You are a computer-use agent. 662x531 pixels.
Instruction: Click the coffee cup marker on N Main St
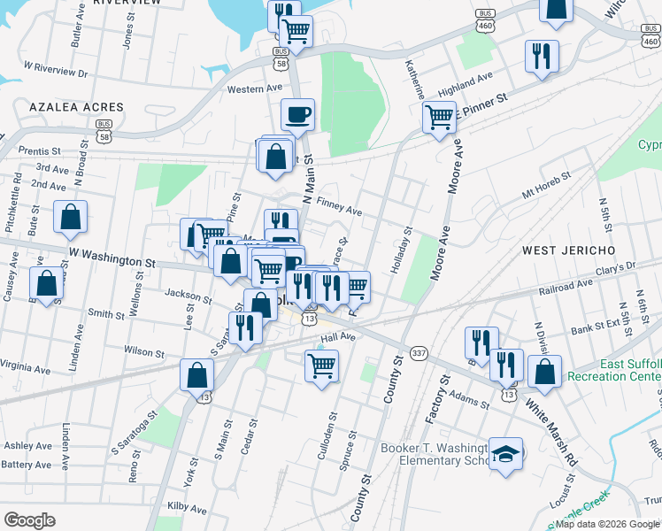(297, 114)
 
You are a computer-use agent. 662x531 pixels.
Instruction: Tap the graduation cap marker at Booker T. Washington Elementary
(506, 455)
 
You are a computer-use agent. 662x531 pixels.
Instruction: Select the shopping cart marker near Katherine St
(439, 117)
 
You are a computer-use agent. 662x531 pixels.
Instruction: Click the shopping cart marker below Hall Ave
(321, 365)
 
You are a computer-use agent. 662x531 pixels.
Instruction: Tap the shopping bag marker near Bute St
(71, 217)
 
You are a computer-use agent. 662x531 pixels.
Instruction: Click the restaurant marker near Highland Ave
(542, 57)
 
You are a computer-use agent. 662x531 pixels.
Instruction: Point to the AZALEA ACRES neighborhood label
(76, 107)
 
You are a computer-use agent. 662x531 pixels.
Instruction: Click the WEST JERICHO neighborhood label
(564, 250)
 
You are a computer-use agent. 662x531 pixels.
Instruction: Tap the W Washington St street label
(112, 258)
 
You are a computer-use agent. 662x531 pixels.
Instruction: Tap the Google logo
(30, 520)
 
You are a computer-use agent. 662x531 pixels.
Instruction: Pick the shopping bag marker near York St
(196, 375)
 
